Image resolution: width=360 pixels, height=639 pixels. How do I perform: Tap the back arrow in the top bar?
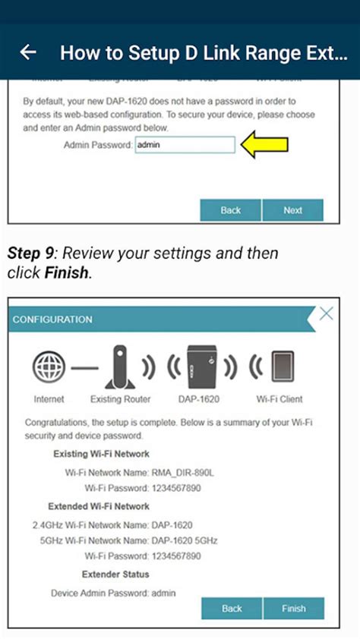(x=28, y=52)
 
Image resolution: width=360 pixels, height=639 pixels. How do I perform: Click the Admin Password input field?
(x=185, y=144)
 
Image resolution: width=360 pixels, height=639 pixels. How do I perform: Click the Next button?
(x=292, y=210)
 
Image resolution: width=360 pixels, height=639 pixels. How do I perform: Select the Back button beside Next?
(x=231, y=210)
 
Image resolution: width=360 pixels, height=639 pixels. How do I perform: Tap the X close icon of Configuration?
(x=326, y=313)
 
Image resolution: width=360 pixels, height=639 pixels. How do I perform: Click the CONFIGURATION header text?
(x=52, y=319)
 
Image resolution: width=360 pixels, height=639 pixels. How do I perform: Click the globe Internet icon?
(x=49, y=367)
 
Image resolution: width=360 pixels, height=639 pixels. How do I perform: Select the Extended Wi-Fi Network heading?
(x=99, y=506)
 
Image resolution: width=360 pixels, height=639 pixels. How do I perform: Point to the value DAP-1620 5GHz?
(x=185, y=540)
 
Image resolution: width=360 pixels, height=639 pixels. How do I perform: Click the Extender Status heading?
(x=115, y=574)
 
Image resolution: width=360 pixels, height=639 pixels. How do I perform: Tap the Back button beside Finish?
(x=232, y=608)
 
